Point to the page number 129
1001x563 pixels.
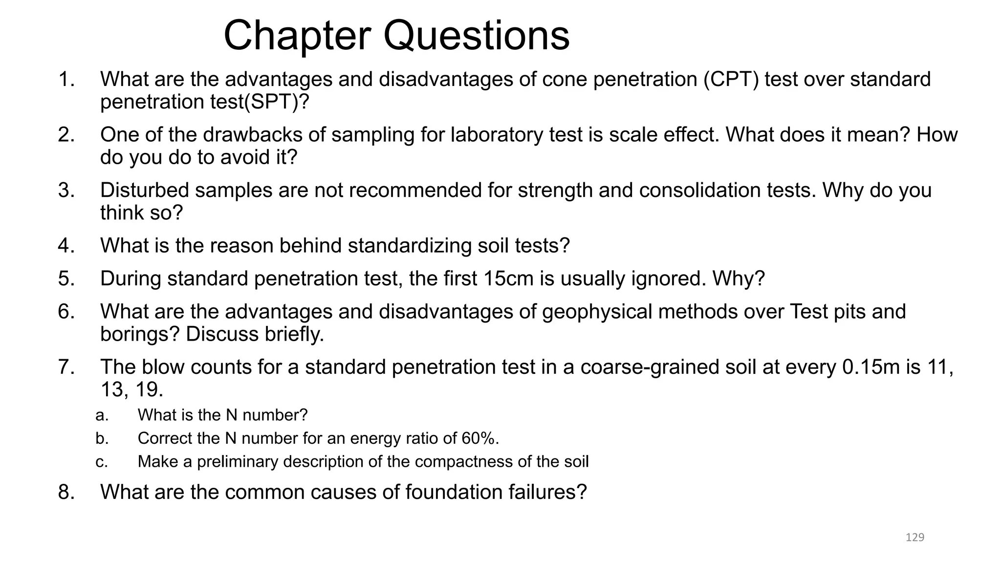click(x=915, y=538)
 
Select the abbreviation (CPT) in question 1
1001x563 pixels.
click(x=731, y=79)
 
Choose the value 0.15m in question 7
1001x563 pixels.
click(x=871, y=367)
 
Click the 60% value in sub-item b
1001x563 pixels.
click(x=479, y=438)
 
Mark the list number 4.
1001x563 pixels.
click(x=66, y=245)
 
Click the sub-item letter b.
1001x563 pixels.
click(x=102, y=438)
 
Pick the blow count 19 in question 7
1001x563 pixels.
click(x=149, y=390)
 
